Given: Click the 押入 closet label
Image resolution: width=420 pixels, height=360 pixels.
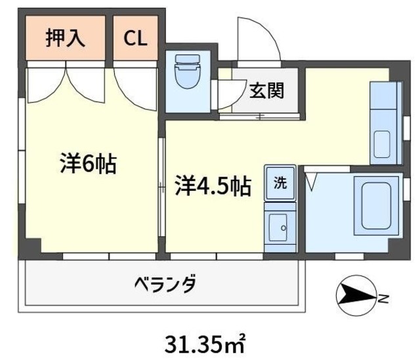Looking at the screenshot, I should coord(65,38).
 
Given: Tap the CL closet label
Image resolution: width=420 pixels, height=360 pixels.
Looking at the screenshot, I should coord(136,38).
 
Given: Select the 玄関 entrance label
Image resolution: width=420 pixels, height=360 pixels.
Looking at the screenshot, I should coord(266,90).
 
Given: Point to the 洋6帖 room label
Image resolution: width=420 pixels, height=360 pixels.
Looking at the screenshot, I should coord(88,163).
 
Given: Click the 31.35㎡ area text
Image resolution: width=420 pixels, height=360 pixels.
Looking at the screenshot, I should coord(205,342).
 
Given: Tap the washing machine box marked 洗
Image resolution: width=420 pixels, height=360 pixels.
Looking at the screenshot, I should coord(280,183).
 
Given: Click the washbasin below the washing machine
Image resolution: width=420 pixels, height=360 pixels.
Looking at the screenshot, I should coord(280,226).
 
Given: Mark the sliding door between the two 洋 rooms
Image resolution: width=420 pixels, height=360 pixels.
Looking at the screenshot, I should coord(162,190).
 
